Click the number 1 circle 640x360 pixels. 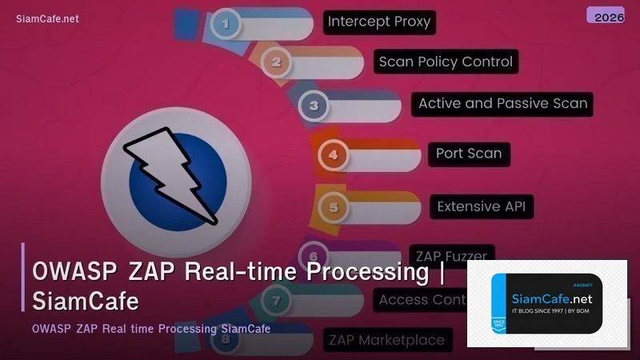[x=226, y=24]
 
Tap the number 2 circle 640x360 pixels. [x=276, y=62]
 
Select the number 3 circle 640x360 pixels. [x=314, y=106]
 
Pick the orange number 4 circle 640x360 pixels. [x=334, y=154]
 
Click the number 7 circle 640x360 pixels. [x=275, y=301]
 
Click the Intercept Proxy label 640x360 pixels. [x=379, y=22]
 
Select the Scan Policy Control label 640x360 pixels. [x=446, y=62]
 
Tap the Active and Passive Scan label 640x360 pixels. [x=502, y=103]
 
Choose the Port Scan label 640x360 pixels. [x=468, y=153]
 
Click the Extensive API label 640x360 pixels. [x=481, y=206]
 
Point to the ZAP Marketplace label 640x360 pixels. [x=386, y=340]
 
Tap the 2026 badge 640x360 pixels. [x=605, y=16]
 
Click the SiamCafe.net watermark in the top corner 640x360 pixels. [x=47, y=19]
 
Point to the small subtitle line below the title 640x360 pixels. [x=151, y=329]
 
